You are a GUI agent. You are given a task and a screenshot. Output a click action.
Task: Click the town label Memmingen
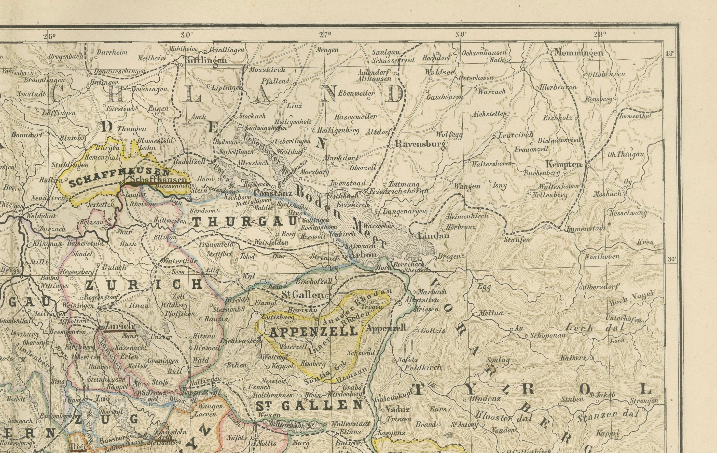pyautogui.click(x=578, y=53)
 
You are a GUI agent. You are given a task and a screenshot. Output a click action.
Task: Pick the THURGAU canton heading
pyautogui.click(x=244, y=222)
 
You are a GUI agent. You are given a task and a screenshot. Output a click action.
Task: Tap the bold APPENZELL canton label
pyautogui.click(x=313, y=331)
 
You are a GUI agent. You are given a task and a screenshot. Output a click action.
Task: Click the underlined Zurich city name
pyautogui.click(x=119, y=326)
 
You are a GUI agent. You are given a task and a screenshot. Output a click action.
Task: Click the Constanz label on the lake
pyautogui.click(x=273, y=193)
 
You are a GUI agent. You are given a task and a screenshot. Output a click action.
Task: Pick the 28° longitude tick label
pyautogui.click(x=599, y=34)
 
